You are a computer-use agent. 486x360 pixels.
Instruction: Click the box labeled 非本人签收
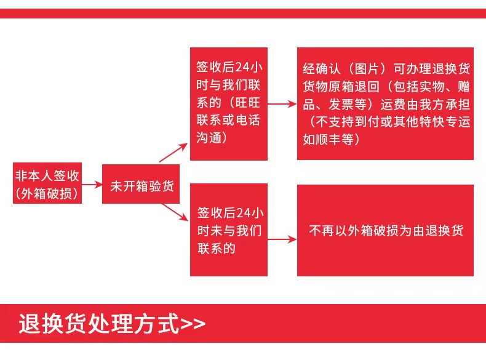point(47,183)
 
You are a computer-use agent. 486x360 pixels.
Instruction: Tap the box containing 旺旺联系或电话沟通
point(228,103)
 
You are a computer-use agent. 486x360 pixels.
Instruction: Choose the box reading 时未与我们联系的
point(228,230)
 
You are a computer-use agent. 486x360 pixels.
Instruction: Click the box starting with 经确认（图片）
point(385,103)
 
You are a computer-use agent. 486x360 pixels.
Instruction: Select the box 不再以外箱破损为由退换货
point(385,230)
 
